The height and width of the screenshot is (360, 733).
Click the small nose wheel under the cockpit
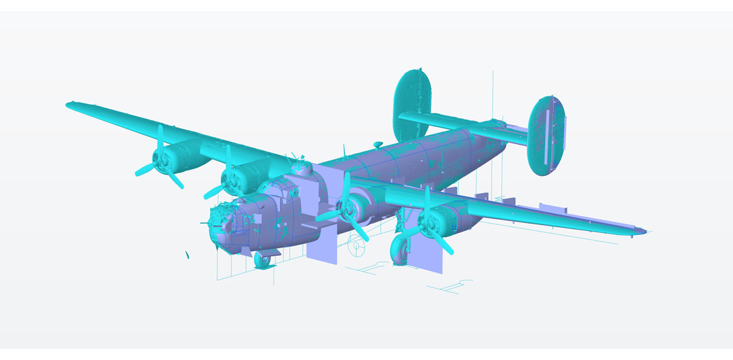point(262,260)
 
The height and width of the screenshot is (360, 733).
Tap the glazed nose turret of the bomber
point(221,223)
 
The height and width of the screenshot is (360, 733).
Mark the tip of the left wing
point(69,104)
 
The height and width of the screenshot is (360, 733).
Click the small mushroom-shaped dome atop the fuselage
point(378,143)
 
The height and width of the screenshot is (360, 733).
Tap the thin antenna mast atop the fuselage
point(344,152)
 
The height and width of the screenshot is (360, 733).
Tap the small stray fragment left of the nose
point(187,255)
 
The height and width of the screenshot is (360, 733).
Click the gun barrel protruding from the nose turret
point(205,224)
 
